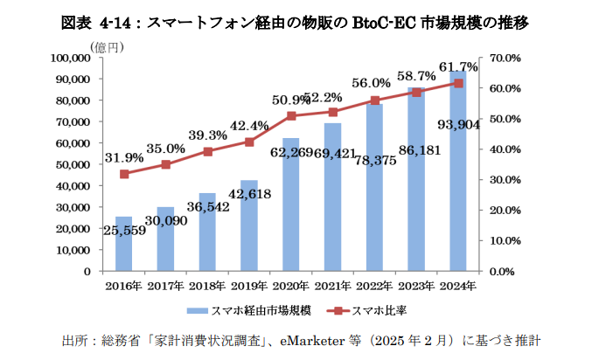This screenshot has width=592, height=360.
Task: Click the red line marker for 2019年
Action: click(x=249, y=142)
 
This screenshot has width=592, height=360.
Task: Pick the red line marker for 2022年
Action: click(x=375, y=100)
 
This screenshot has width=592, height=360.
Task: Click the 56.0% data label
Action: click(x=372, y=83)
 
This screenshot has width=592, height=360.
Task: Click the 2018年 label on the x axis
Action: click(x=207, y=286)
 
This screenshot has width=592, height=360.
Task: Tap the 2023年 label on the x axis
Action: click(x=416, y=286)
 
